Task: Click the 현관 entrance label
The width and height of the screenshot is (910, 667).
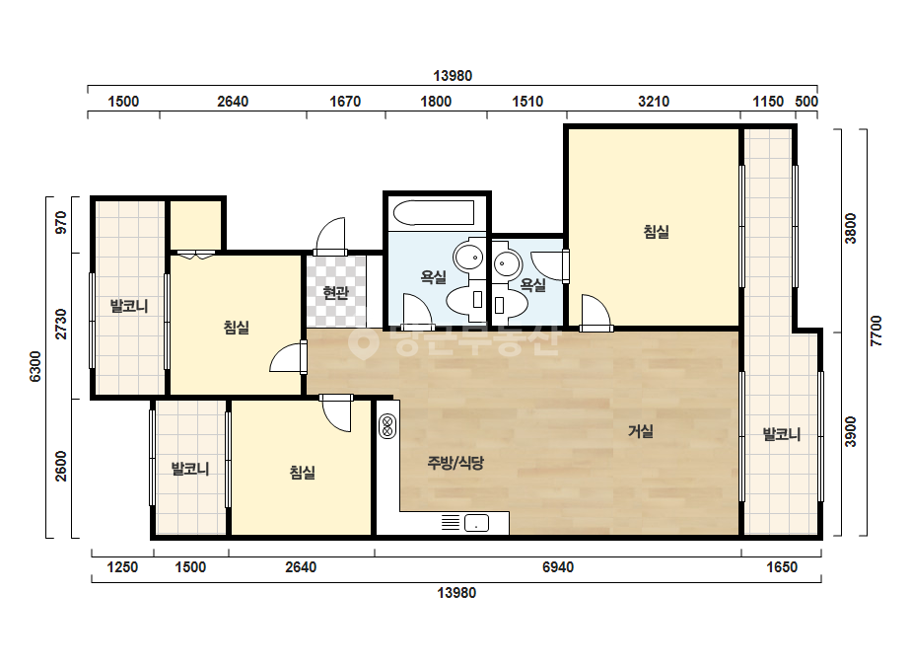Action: click(335, 292)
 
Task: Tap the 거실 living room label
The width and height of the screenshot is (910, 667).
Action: click(641, 431)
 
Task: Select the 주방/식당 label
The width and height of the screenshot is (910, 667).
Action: click(455, 463)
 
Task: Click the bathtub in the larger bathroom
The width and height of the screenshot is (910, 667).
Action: click(434, 213)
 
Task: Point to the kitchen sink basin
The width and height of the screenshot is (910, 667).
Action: click(476, 523)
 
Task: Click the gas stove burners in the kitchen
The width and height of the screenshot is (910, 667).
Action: click(387, 426)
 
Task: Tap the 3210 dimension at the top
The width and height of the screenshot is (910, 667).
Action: click(654, 102)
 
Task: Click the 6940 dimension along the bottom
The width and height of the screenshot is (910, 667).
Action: click(558, 567)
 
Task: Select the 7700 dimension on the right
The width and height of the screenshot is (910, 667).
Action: click(876, 332)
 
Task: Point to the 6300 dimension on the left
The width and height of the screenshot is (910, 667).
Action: click(35, 367)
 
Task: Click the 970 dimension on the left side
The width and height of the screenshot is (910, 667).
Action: click(61, 223)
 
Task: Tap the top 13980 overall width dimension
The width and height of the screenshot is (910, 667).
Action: click(453, 76)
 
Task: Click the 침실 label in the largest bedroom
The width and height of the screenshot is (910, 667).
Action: click(657, 232)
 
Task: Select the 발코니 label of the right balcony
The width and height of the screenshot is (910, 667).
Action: click(781, 434)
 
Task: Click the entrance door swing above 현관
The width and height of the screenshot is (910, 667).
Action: click(330, 235)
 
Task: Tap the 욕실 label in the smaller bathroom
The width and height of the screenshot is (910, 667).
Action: click(532, 285)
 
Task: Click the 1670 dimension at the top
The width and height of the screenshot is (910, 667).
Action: click(345, 102)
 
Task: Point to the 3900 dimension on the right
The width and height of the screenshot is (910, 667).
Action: click(851, 432)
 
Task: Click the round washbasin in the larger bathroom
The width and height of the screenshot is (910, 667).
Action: click(469, 257)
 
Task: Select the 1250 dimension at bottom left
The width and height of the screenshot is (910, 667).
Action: click(122, 567)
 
